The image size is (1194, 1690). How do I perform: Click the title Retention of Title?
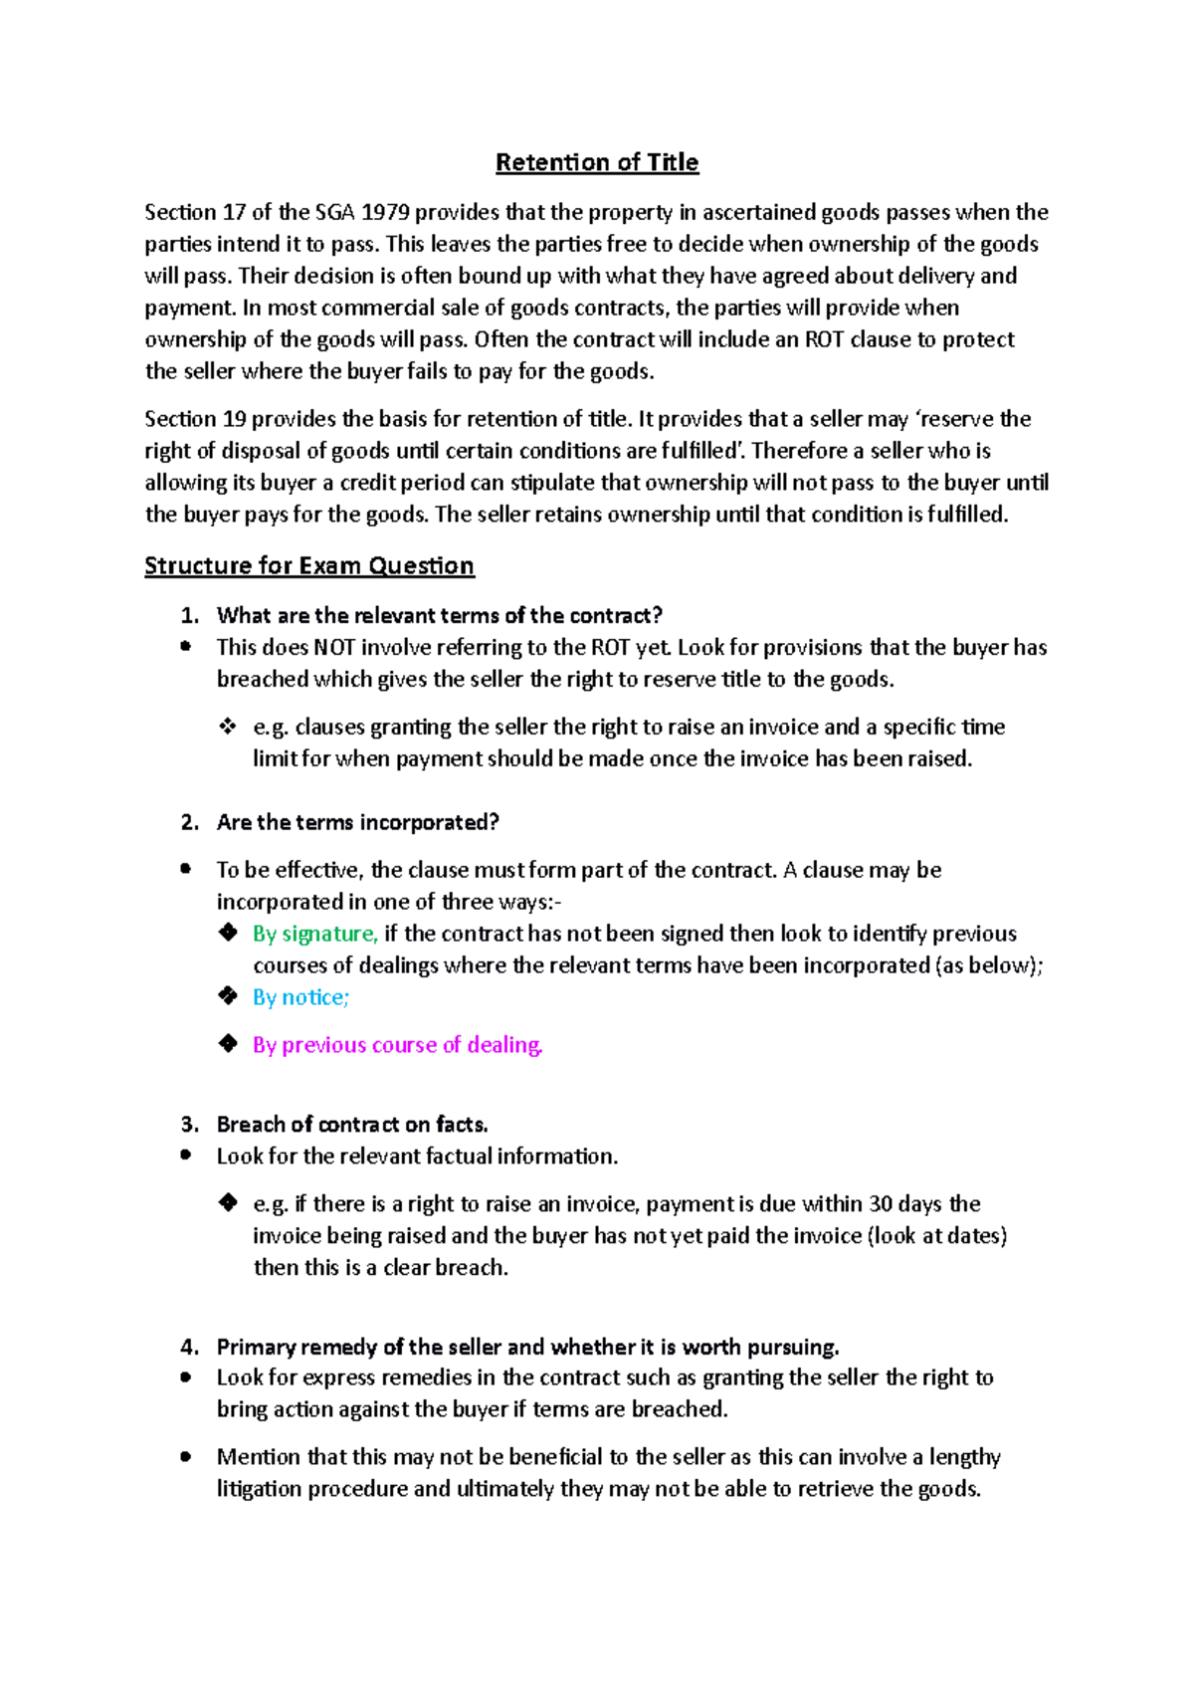[x=597, y=162]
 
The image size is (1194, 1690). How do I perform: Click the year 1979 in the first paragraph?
[x=384, y=212]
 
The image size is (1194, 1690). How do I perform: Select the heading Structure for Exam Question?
[x=308, y=565]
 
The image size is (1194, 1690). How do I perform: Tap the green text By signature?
[x=314, y=934]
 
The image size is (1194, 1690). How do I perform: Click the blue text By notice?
[x=300, y=997]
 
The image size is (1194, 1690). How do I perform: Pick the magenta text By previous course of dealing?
[x=397, y=1045]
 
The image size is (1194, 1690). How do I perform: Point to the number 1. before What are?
[x=190, y=616]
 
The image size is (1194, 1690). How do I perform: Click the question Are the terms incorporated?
[x=357, y=822]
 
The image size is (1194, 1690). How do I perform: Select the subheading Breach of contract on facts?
[x=352, y=1125]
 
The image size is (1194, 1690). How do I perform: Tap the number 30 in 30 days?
[x=881, y=1204]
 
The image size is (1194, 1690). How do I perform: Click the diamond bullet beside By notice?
[x=228, y=996]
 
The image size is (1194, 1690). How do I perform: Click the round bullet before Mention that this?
[x=185, y=1456]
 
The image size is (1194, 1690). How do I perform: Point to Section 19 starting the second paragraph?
[x=195, y=419]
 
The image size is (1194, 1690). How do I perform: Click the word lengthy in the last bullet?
[x=964, y=1457]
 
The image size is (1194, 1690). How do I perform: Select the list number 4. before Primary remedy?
[x=190, y=1348]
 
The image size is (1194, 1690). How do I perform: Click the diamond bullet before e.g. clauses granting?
[x=228, y=727]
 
